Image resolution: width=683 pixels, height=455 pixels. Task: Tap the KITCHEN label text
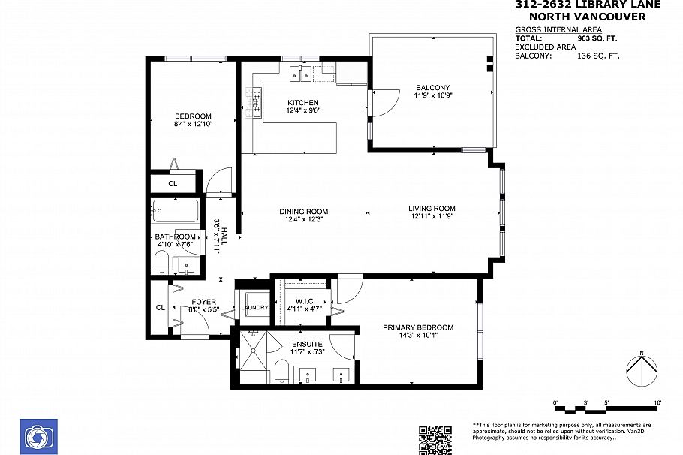point(303,103)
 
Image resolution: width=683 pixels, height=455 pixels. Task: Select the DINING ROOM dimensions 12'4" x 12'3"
point(303,219)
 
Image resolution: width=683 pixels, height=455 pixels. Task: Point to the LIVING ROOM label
point(432,209)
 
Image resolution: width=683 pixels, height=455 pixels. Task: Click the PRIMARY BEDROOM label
point(418,327)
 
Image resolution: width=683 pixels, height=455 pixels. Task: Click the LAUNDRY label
point(254,307)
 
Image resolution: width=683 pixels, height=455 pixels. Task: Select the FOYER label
point(203,302)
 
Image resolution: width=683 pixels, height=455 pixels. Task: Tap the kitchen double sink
point(302,73)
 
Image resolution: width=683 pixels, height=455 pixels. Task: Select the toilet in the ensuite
point(282,372)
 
